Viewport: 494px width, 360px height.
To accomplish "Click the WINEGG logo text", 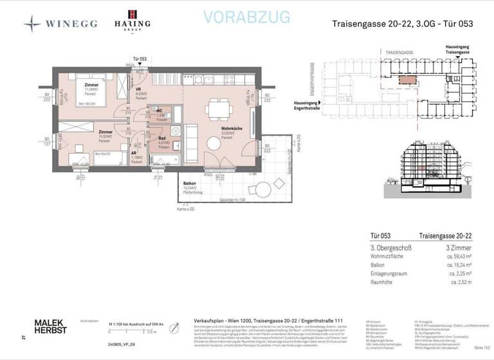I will pyautogui.click(x=70, y=24).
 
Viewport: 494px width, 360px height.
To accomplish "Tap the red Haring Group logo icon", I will pyautogui.click(x=133, y=15).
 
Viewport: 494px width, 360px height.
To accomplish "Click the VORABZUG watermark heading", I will pyautogui.click(x=246, y=17).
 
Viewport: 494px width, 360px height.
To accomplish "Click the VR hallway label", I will pyautogui.click(x=138, y=89).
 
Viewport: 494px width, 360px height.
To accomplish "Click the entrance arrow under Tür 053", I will pyautogui.click(x=139, y=66).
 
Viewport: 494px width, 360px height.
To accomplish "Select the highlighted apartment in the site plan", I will pyautogui.click(x=407, y=80).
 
